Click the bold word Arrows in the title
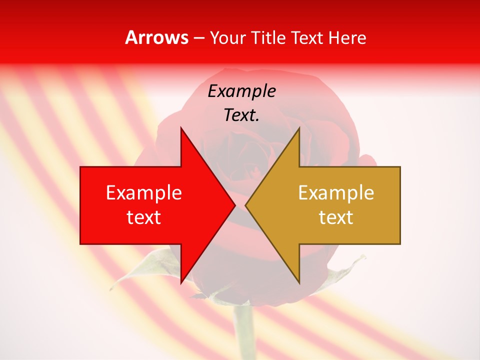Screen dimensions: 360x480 pos(157,37)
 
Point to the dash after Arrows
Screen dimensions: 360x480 pos(198,38)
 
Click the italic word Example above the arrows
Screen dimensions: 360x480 pos(241,91)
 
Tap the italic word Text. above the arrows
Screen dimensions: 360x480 pos(241,115)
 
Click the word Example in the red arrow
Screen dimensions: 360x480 pos(144,193)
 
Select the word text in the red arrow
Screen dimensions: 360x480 pos(144,217)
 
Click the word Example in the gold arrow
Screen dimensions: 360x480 pos(336,193)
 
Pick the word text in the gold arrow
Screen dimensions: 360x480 pos(336,217)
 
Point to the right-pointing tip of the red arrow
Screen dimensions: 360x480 pos(235,205)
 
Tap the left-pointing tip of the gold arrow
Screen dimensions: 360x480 pos(245,205)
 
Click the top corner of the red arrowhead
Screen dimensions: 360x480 pos(181,128)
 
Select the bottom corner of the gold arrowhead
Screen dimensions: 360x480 pos(299,283)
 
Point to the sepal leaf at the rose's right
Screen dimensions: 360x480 pos(345,272)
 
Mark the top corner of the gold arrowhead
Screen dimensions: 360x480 pos(299,128)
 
